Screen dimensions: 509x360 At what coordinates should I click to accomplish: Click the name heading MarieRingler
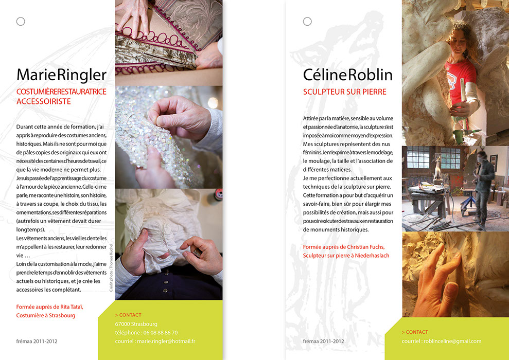click(x=61, y=75)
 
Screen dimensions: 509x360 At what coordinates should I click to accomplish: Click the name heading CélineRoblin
click(x=348, y=75)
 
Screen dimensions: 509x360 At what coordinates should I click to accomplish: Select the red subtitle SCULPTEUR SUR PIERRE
click(x=344, y=92)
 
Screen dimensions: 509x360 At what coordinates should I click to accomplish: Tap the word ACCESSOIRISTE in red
click(x=44, y=101)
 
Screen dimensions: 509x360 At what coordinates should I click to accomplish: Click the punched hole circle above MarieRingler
click(x=21, y=22)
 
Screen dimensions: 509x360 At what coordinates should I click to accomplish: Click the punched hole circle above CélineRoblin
click(x=307, y=22)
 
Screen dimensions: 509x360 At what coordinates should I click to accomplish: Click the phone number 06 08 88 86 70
click(x=161, y=332)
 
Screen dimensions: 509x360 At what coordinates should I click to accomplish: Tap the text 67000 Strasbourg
click(x=136, y=324)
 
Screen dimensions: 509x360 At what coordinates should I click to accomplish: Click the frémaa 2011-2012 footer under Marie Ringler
click(x=37, y=341)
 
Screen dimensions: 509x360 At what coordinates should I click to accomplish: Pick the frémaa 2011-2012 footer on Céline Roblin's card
click(x=323, y=341)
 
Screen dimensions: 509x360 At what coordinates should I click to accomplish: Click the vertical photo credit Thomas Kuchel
click(x=111, y=267)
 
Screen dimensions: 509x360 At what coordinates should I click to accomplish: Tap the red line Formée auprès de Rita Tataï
click(x=50, y=307)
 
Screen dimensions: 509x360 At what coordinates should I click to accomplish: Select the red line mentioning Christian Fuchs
click(x=344, y=247)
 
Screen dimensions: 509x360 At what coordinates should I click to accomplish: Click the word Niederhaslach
click(x=372, y=256)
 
